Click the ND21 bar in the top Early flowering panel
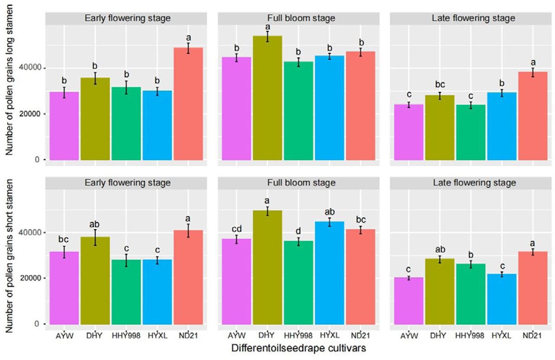click(x=188, y=104)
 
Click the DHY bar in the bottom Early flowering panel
click(x=95, y=280)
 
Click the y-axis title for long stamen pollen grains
click(x=9, y=87)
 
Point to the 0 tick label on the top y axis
click(x=38, y=160)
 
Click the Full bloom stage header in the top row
click(x=298, y=18)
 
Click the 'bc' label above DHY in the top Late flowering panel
click(x=439, y=85)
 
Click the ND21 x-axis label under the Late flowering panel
click(x=532, y=336)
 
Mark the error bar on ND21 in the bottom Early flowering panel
click(x=188, y=230)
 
